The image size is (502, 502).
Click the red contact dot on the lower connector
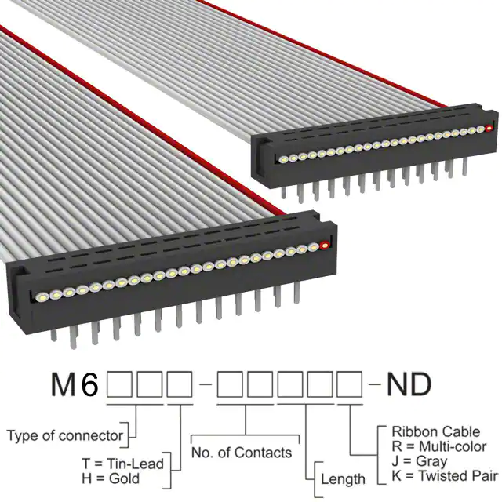pyautogui.click(x=325, y=246)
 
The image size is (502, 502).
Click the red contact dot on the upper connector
pyautogui.click(x=489, y=129)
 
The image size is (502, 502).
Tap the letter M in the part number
pyautogui.click(x=64, y=385)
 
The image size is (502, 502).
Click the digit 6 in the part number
pyautogui.click(x=89, y=385)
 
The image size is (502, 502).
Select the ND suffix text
pyautogui.click(x=409, y=385)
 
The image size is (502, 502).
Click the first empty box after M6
pyautogui.click(x=119, y=384)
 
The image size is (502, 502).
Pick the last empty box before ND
pyautogui.click(x=350, y=384)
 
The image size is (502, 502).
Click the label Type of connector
pyautogui.click(x=64, y=436)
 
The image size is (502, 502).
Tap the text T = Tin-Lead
pyautogui.click(x=122, y=464)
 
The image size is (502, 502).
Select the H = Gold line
pyautogui.click(x=111, y=478)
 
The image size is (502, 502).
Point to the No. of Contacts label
pyautogui.click(x=242, y=453)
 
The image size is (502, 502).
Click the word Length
pyautogui.click(x=343, y=479)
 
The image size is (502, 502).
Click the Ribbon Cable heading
pyautogui.click(x=436, y=431)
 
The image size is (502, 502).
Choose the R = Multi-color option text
pyautogui.click(x=439, y=446)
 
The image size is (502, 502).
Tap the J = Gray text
pyautogui.click(x=420, y=461)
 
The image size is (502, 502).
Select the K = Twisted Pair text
pyautogui.click(x=445, y=476)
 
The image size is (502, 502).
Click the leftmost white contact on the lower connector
pyautogui.click(x=42, y=296)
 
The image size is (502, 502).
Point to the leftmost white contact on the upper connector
pyautogui.click(x=283, y=159)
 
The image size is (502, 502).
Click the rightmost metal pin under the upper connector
pyautogui.click(x=464, y=167)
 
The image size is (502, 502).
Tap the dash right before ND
pyautogui.click(x=375, y=384)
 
